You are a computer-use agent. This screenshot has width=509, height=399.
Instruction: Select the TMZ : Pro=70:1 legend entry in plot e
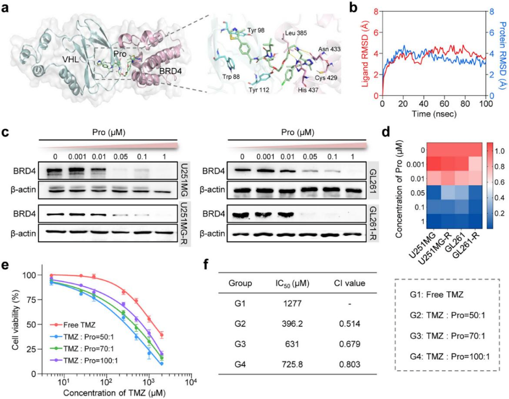click(82, 349)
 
